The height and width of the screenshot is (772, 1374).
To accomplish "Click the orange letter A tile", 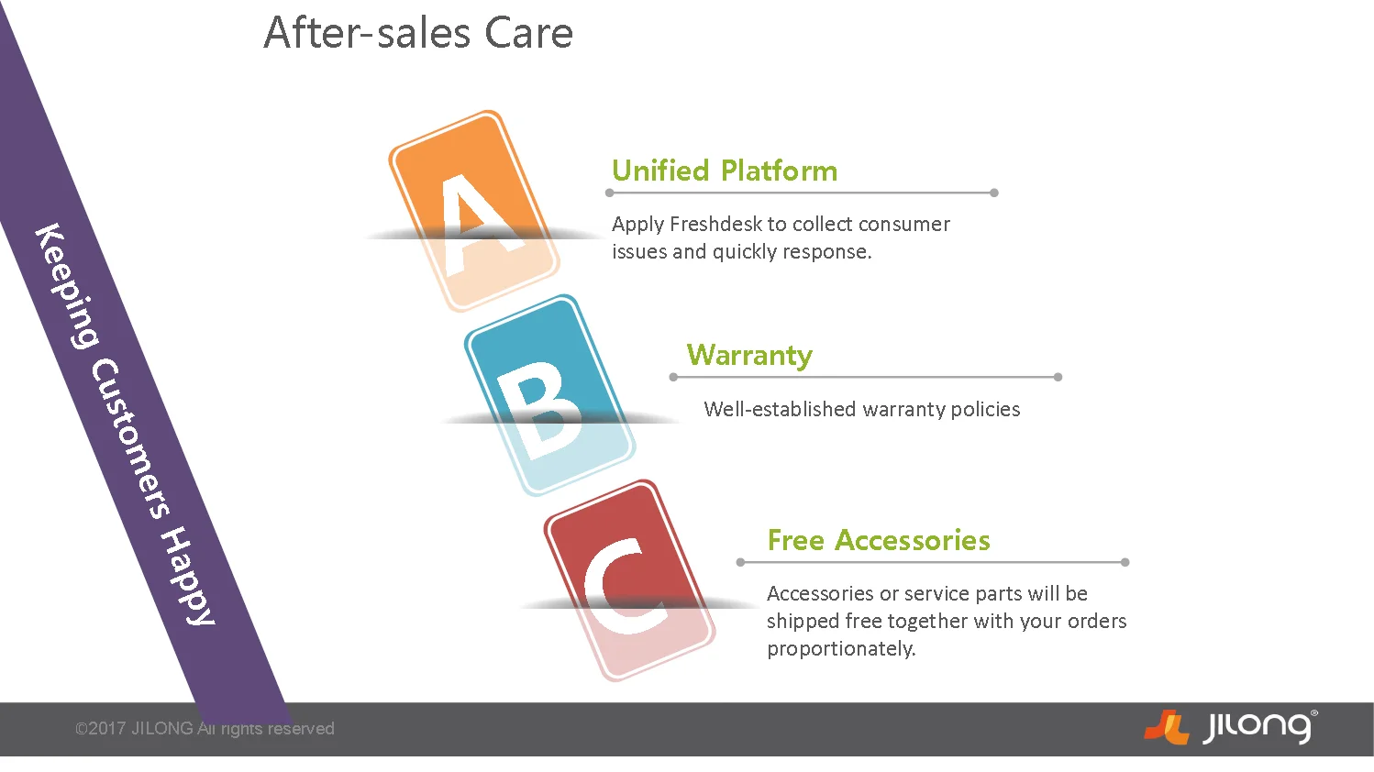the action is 474,210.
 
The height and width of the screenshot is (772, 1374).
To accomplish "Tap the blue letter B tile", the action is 549,395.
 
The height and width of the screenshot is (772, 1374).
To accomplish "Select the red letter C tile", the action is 629,579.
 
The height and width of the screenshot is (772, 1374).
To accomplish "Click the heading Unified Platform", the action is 725,171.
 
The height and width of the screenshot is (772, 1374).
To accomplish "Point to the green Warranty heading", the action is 749,356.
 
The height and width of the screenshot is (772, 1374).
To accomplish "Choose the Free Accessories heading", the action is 879,540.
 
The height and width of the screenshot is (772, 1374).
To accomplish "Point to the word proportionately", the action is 841,649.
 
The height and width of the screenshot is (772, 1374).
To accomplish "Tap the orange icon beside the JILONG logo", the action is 1166,727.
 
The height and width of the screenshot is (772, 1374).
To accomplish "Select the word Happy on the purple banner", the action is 188,576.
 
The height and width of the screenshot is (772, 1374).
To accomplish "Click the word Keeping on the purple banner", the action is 66,286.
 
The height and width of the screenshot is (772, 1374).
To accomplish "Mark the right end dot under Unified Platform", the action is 994,193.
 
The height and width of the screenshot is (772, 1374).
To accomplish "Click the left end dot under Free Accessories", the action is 740,562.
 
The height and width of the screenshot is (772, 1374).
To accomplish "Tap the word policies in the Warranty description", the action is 985,409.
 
